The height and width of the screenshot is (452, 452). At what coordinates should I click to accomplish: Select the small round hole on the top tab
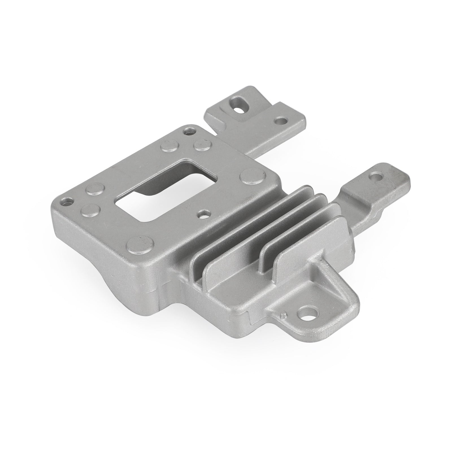(x=281, y=121)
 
